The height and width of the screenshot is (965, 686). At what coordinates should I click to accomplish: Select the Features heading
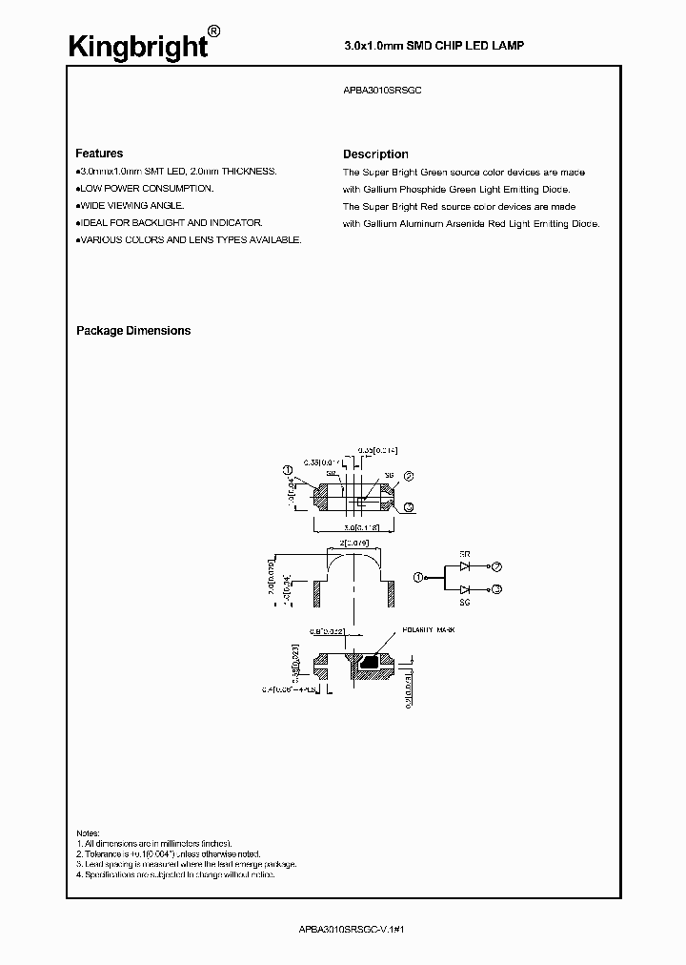99,154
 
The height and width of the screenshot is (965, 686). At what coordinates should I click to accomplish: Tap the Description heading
375,154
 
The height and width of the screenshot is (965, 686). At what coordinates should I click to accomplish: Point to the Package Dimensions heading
133,331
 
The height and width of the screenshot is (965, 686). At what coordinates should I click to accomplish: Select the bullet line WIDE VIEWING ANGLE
131,206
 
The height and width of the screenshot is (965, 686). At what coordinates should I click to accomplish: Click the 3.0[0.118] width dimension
355,526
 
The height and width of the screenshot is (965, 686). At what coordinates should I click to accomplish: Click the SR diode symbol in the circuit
465,565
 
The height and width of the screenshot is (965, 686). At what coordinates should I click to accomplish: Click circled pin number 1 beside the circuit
416,577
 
